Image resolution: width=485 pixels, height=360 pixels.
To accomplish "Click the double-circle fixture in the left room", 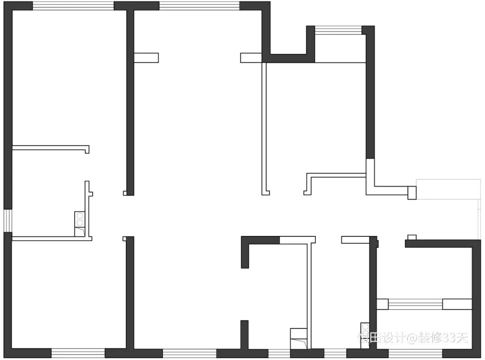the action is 79,219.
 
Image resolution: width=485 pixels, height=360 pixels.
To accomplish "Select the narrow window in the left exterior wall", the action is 8,221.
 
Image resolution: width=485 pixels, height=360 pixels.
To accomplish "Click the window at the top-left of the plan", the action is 73,6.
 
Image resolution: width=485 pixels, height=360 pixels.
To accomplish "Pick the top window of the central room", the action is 199,6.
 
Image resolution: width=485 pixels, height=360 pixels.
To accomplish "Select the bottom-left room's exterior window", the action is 78,353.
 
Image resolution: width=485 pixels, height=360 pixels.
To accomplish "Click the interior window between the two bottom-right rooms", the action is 415,304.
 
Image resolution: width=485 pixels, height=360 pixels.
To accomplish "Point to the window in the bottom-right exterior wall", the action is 415,353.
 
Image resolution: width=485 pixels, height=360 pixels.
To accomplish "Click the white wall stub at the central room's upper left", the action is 146,58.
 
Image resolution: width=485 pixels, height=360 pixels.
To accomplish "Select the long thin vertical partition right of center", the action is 264,128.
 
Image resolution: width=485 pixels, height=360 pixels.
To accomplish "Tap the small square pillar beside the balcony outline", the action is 412,192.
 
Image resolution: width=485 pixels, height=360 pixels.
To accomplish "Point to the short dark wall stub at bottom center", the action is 244,335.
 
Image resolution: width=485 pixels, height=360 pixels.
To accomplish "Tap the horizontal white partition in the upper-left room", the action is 49,147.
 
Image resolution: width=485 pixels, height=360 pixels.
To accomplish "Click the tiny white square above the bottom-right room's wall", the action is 412,237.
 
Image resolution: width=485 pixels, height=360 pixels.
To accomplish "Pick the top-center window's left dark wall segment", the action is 137,6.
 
